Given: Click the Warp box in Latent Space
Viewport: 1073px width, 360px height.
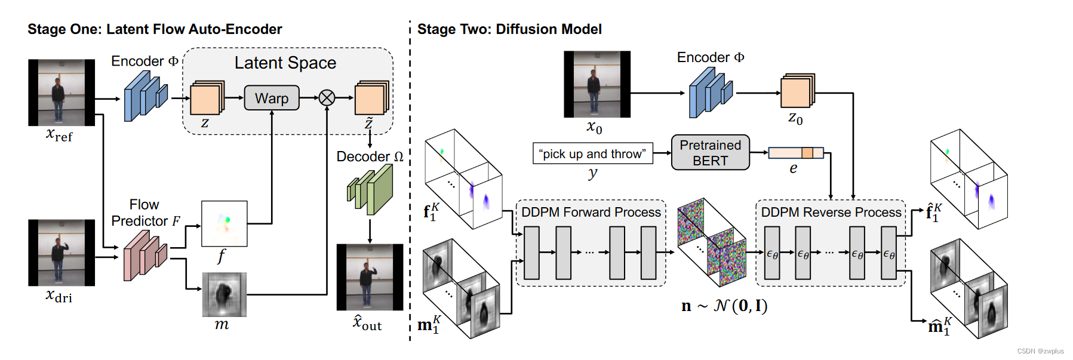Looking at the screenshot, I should point(272,98).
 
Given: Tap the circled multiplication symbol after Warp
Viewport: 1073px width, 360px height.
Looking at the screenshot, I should point(327,98).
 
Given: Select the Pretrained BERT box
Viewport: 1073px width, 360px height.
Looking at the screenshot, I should point(710,153).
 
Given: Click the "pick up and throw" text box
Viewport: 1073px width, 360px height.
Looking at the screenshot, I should point(592,153).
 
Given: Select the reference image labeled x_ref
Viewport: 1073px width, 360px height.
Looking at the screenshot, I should point(61,93).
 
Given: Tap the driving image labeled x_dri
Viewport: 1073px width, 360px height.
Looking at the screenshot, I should point(61,253).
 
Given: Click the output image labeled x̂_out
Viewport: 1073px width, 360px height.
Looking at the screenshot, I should point(370,277).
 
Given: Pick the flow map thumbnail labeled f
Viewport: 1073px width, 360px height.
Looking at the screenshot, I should point(224,224).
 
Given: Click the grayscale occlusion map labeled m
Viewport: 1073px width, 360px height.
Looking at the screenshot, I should point(224,294).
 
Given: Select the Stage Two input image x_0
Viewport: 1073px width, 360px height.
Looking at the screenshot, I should point(597,84).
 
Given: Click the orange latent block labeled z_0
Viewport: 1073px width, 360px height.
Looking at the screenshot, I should point(797,93).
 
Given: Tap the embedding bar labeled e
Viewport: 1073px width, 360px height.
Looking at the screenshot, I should point(795,153).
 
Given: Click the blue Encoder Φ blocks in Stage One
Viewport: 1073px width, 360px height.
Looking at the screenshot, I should point(145,96).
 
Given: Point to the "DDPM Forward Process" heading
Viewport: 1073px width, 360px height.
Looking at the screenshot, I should point(591,213).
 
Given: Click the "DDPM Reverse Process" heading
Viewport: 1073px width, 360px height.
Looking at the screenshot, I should point(831,213).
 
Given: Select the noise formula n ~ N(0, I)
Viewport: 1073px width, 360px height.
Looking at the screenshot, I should point(724,306).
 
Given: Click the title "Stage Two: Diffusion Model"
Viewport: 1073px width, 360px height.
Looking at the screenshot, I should point(509,29).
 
